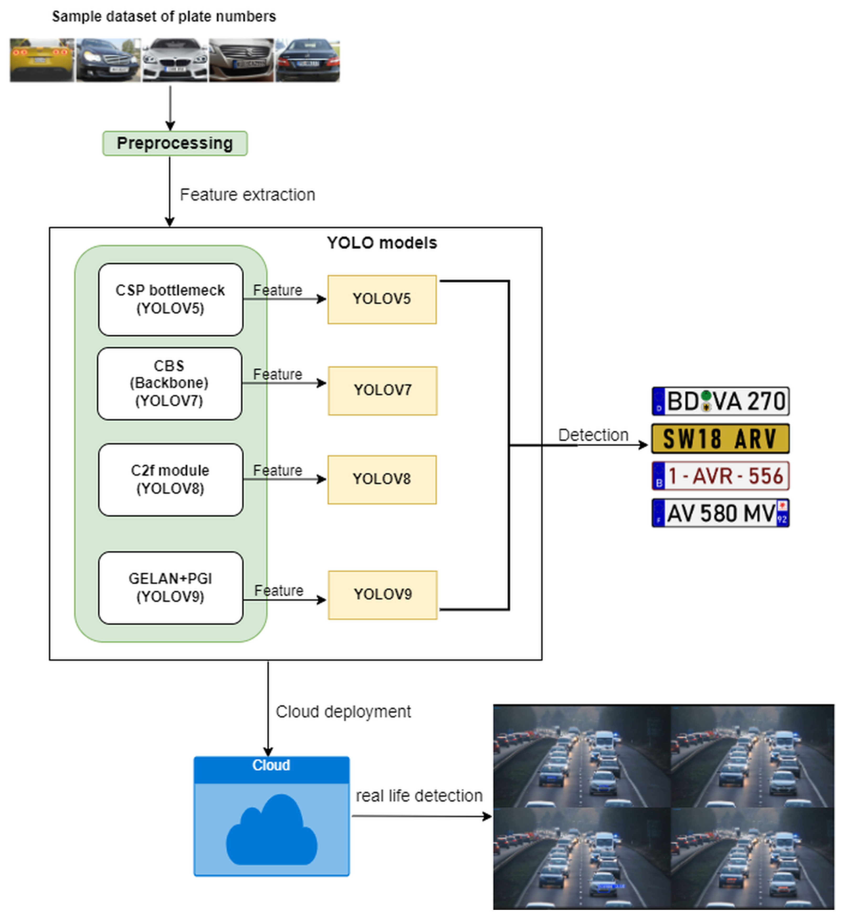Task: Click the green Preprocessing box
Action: point(175,143)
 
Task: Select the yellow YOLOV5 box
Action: point(382,299)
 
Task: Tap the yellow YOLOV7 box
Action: point(382,391)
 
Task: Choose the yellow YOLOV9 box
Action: point(382,595)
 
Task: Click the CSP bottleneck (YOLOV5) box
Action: point(171,299)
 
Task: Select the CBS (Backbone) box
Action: point(169,383)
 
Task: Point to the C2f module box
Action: point(171,480)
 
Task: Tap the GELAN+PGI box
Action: point(171,588)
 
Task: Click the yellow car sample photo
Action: point(42,60)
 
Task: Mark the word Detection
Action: point(593,435)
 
